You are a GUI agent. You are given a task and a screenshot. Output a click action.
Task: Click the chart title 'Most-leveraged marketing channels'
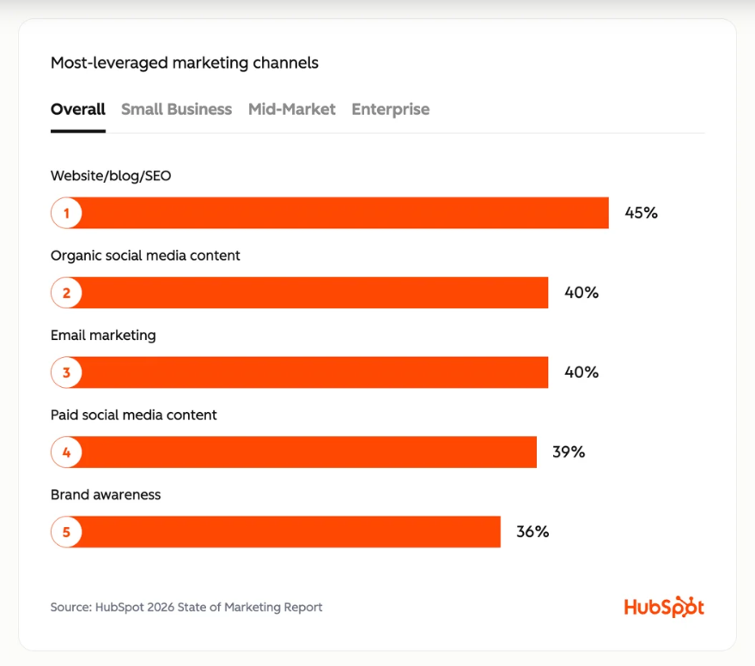point(184,63)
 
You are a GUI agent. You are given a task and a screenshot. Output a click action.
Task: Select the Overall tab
point(77,109)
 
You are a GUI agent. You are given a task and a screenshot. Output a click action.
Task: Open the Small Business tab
point(176,109)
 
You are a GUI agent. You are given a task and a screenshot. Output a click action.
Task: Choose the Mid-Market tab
point(291,109)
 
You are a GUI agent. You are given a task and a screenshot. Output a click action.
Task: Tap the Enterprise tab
point(390,109)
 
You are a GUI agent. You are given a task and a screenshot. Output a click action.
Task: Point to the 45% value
point(641,213)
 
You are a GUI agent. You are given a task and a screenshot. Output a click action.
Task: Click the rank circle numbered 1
point(66,213)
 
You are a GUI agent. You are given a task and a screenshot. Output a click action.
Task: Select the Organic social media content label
point(145,256)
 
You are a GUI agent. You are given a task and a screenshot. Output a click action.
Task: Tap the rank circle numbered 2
point(66,293)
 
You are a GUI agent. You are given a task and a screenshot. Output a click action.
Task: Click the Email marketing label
point(103,336)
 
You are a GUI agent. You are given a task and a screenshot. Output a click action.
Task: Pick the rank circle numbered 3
point(66,372)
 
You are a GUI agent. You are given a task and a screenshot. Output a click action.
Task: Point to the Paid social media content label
point(133,415)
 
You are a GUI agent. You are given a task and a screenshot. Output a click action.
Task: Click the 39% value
point(568,452)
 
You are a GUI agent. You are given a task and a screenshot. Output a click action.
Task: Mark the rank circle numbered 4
point(66,452)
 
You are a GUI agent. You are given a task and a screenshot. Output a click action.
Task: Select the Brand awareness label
point(106,495)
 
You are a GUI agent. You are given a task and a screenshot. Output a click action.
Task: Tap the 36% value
point(532,532)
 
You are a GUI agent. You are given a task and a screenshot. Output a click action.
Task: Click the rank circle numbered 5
point(66,532)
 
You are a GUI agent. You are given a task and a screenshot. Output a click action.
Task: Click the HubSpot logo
point(663,607)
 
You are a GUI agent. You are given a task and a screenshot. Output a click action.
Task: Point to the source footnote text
point(186,608)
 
